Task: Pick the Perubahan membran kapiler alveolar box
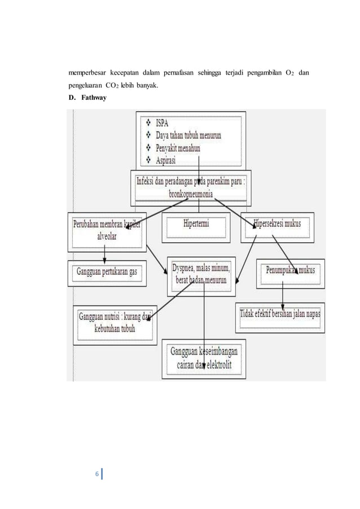click(108, 230)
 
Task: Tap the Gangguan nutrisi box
click(115, 323)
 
